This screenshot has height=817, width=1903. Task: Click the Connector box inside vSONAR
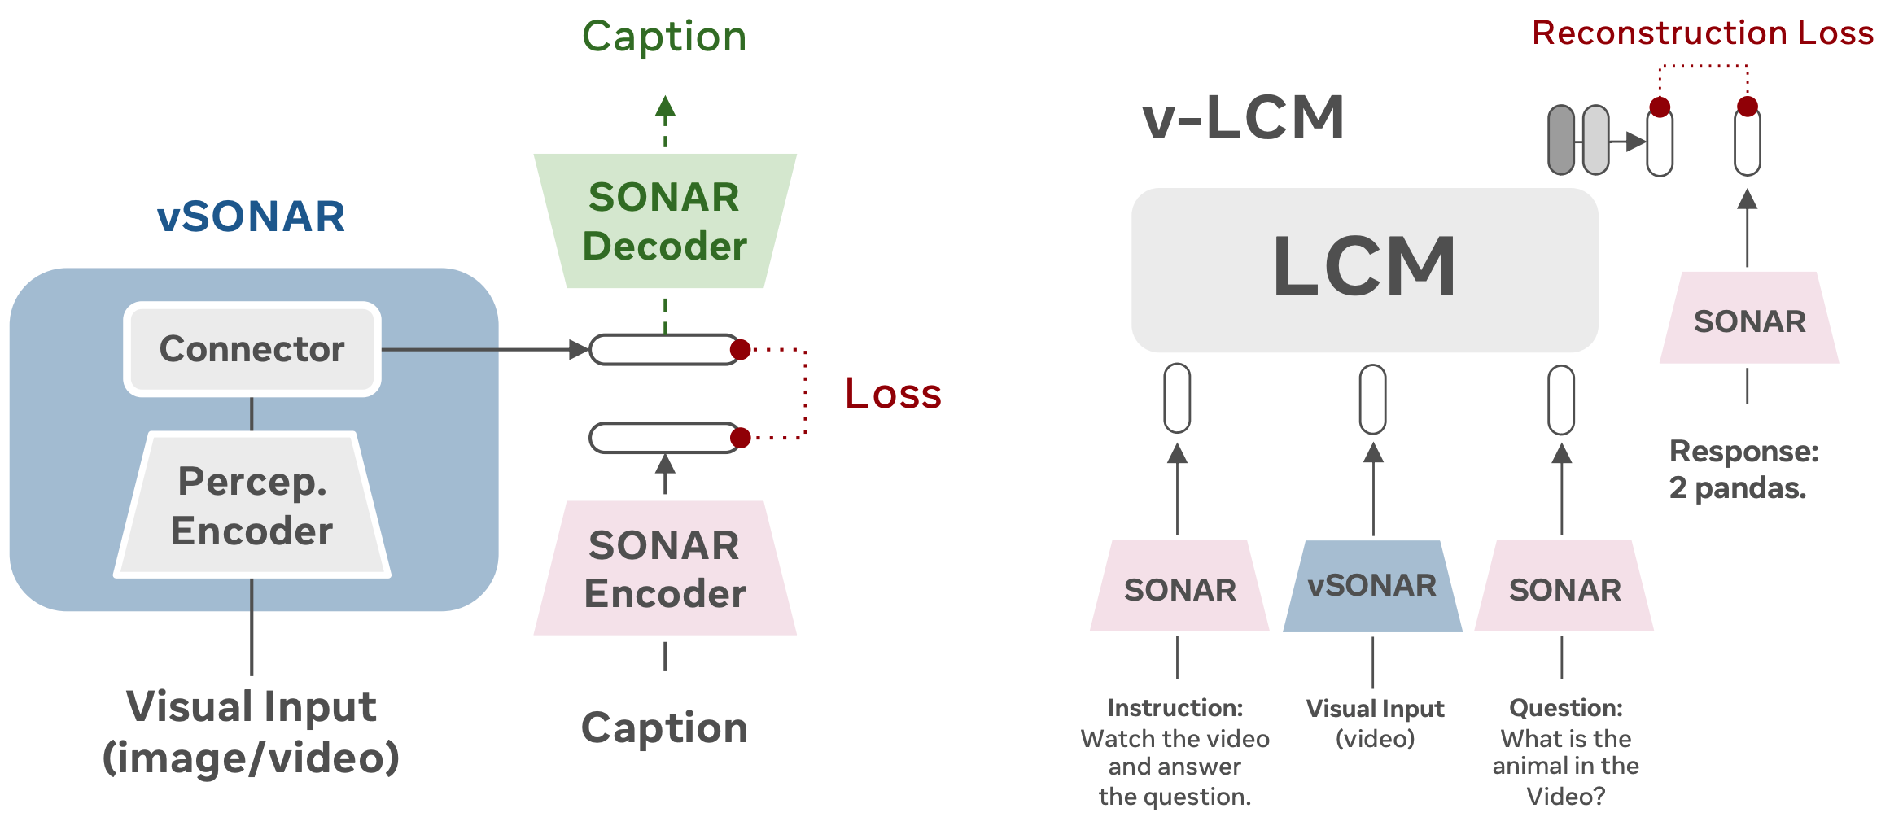(252, 349)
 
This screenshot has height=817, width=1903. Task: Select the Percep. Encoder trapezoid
(252, 505)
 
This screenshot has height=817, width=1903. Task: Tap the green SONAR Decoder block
(664, 221)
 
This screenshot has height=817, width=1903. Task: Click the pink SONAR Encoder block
(664, 569)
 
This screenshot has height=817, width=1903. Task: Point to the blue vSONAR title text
(251, 216)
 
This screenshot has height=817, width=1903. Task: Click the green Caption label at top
(664, 37)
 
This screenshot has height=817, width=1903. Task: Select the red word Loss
(893, 394)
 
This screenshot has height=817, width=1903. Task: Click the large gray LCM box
(1364, 269)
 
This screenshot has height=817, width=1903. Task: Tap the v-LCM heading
(1243, 118)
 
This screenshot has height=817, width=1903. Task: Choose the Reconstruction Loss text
(1703, 33)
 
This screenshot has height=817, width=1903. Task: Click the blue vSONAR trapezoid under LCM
(1372, 587)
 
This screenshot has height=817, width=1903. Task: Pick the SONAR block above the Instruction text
(1179, 588)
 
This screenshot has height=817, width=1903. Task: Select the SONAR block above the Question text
(1564, 588)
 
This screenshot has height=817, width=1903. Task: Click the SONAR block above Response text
(1749, 320)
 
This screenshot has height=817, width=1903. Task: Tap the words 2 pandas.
(1737, 488)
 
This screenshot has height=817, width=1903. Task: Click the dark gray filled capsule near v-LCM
(1560, 140)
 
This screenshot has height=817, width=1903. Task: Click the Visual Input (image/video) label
(251, 732)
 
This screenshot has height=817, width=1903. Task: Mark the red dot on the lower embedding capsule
(740, 439)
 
